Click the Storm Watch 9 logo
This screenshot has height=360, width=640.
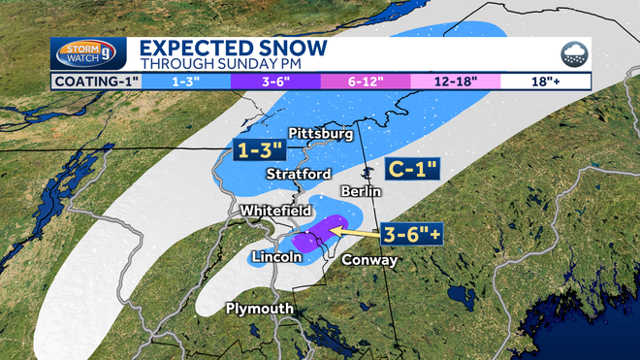pos(87,53)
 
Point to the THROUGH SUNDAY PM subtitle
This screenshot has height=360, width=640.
pos(208,64)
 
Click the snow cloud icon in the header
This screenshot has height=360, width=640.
pos(571,54)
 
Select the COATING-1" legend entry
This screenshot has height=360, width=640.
pos(94,82)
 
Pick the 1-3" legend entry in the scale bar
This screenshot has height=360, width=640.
pos(186,82)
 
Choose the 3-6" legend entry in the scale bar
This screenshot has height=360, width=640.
pos(276,82)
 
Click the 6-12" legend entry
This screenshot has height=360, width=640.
pos(366,82)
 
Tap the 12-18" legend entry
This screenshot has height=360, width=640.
pos(455,82)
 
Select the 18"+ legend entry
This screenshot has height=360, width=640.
pos(544,82)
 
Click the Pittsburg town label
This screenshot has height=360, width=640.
pos(320,134)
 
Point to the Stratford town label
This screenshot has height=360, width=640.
pos(300,174)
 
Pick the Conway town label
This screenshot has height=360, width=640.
pos(369,260)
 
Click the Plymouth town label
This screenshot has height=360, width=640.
pos(259,309)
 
